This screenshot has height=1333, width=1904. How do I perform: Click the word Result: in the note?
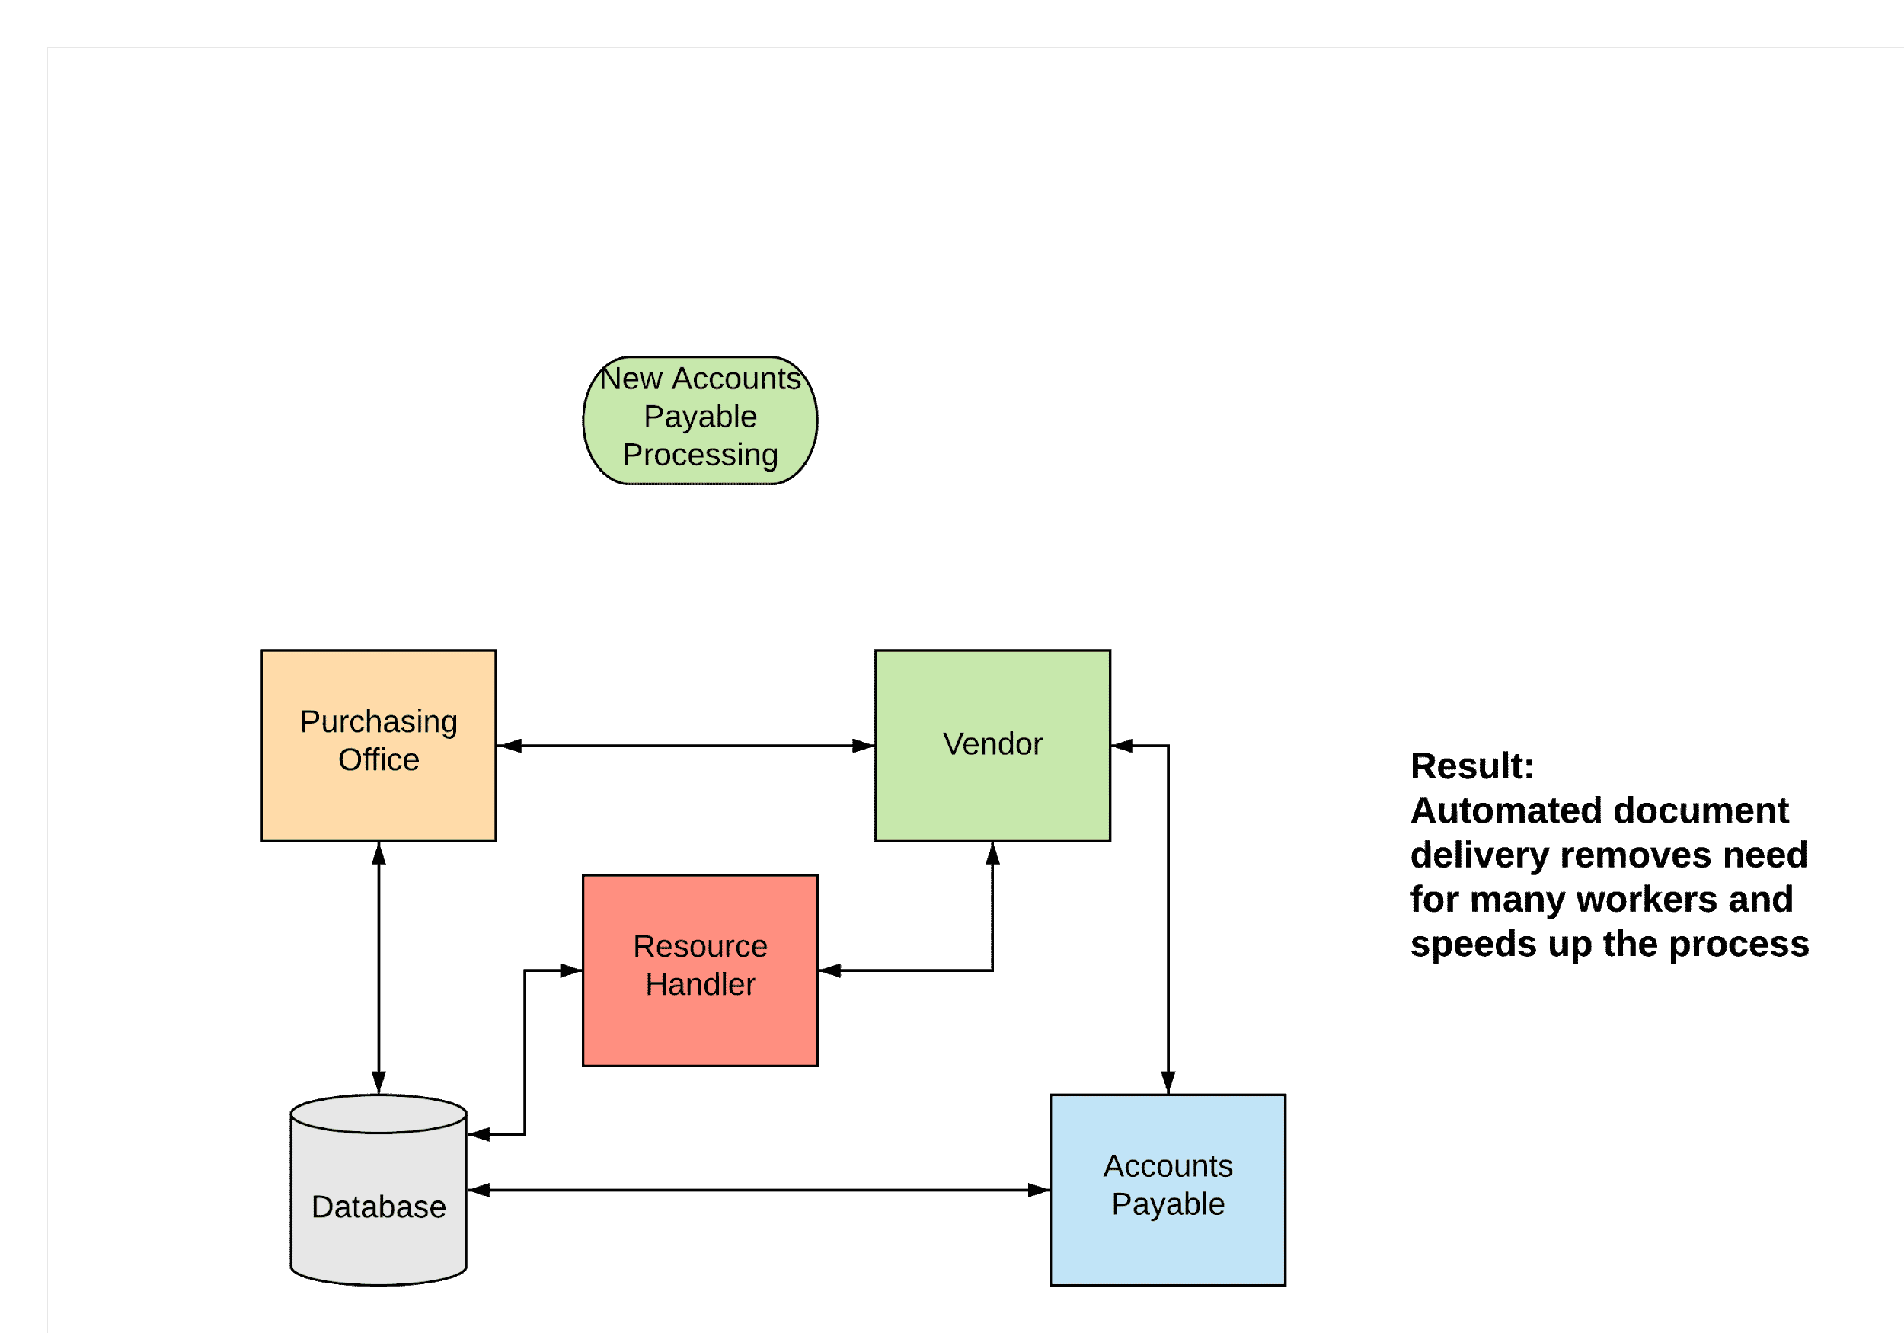[1471, 766]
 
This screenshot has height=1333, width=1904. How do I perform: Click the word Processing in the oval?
[700, 455]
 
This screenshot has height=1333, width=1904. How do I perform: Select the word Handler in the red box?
[700, 985]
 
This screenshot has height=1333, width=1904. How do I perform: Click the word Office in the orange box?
[379, 760]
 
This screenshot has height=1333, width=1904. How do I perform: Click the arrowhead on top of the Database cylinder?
[379, 1082]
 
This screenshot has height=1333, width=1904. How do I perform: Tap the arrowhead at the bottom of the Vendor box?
[992, 855]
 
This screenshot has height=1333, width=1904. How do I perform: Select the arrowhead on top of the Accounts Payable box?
[1168, 1082]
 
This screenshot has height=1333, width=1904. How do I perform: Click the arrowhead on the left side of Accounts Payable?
[1039, 1191]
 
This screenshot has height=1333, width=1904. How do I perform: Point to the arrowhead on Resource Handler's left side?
[571, 970]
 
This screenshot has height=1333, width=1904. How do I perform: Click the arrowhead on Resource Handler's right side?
[830, 970]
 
